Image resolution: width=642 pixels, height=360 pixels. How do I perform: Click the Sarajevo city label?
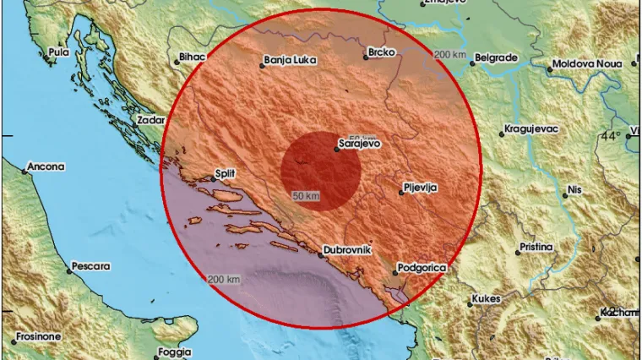[359, 144]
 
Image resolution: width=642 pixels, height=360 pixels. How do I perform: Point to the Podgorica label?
[423, 268]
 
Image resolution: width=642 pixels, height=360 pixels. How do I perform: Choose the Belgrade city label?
[497, 57]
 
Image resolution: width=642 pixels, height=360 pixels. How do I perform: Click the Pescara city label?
[91, 266]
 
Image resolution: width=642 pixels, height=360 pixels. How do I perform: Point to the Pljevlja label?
[420, 188]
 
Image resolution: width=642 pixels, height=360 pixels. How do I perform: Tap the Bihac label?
[188, 57]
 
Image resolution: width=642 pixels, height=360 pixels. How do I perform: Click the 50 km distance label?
[306, 196]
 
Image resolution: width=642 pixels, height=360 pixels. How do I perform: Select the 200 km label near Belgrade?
[449, 55]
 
